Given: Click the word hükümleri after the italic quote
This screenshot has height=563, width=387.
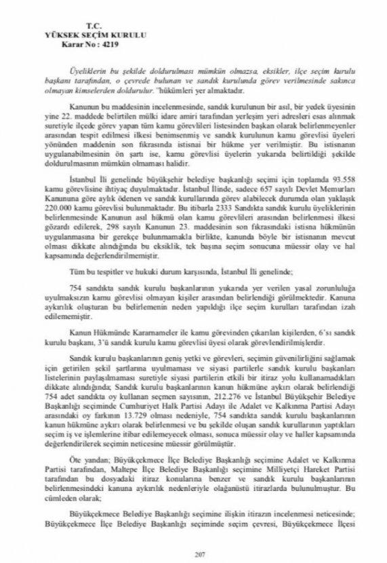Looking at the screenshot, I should point(172,88).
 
